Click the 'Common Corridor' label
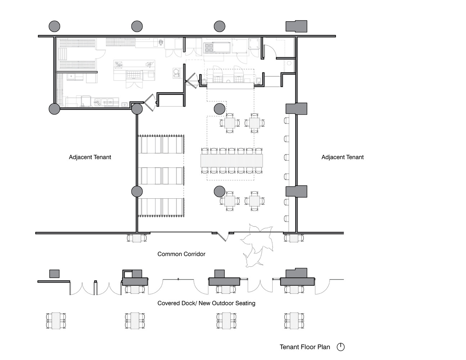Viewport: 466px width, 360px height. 181,254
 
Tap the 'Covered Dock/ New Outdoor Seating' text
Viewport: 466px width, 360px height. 206,303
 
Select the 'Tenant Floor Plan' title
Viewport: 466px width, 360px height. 305,347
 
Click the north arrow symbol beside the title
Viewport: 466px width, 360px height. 341,347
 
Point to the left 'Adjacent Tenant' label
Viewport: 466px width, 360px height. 90,157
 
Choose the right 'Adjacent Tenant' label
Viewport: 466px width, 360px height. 342,157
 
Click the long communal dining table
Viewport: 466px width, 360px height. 232,161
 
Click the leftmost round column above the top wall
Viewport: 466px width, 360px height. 54,26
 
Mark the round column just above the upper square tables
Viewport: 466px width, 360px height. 219,109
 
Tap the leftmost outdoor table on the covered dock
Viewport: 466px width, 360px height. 56,321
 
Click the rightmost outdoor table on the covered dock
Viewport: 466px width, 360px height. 294,321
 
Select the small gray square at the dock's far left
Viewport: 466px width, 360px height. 54,274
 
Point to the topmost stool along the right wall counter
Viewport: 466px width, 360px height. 287,121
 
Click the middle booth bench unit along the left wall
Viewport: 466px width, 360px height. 161,176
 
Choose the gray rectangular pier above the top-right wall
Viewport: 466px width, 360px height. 296,26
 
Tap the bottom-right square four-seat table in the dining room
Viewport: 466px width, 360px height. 254,201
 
